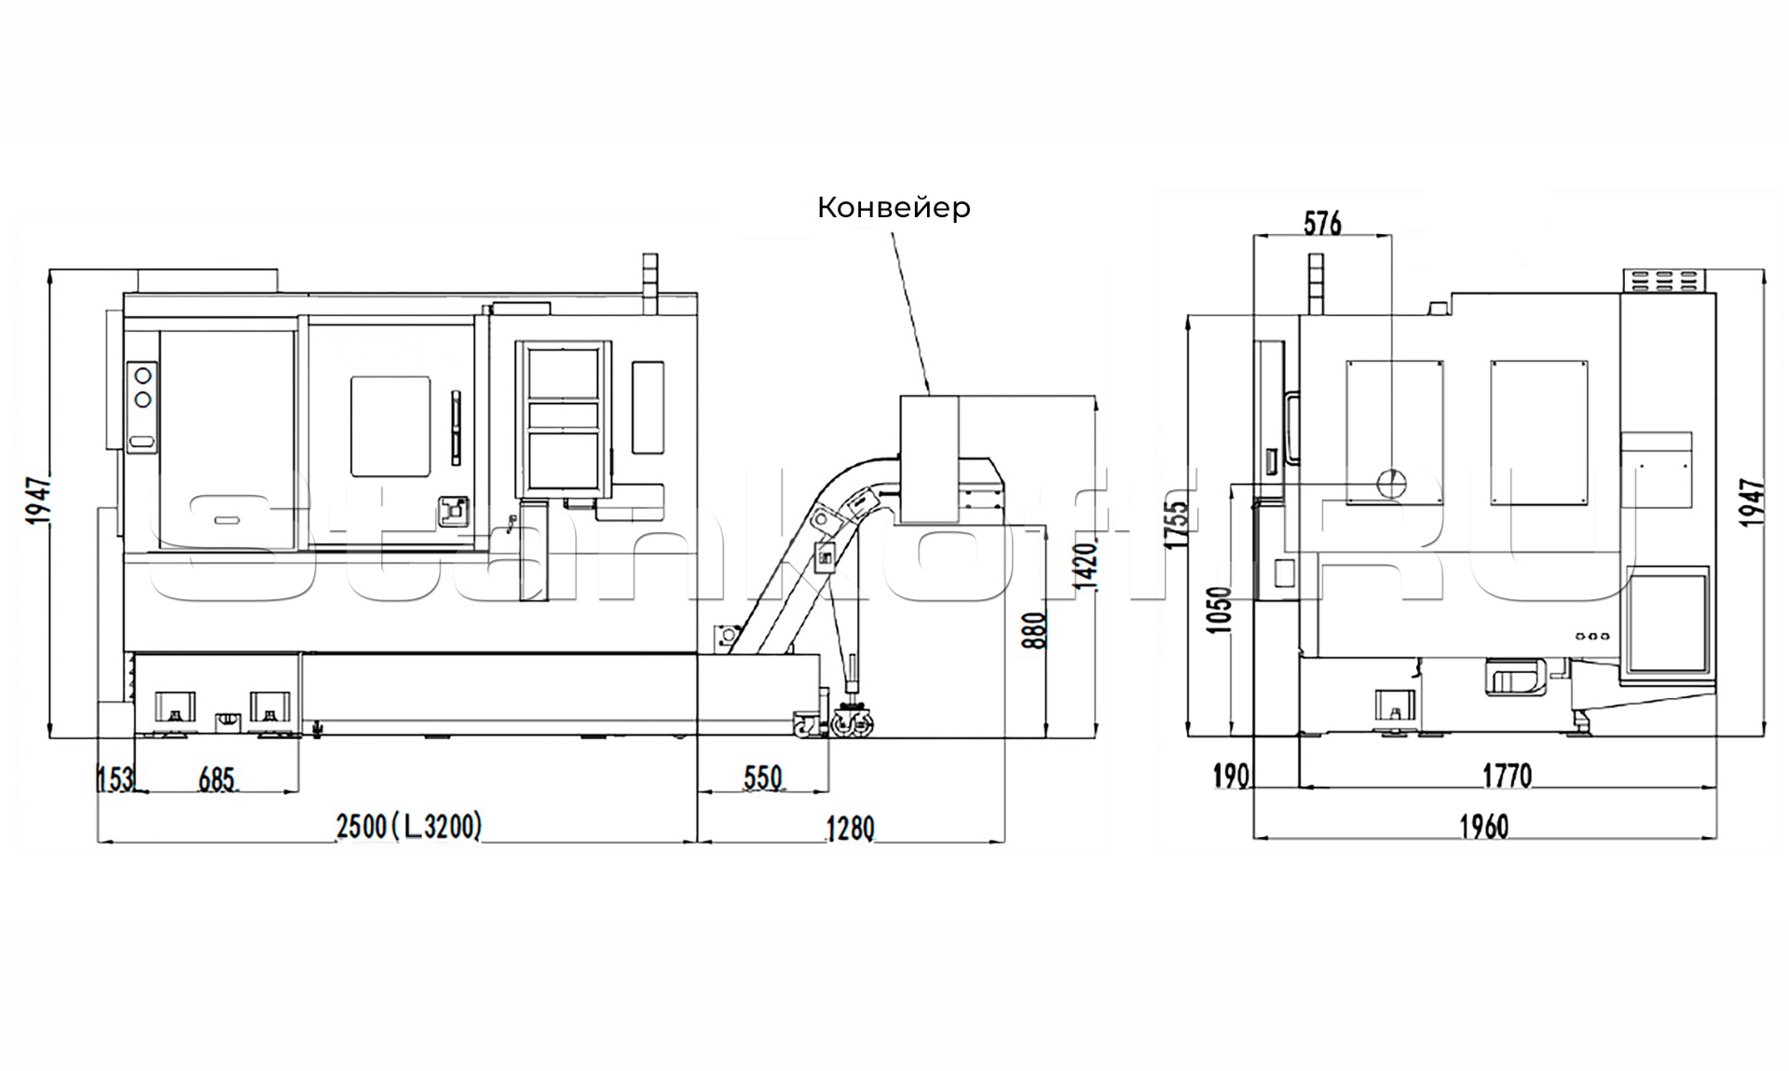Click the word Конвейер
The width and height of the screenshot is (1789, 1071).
coord(894,207)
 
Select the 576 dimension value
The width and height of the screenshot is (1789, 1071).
coord(1322,223)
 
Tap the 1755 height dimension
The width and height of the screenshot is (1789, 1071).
coord(1177,525)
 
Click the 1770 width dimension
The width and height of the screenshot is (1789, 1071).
coord(1507,775)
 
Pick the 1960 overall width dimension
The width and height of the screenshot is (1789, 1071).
coord(1483,826)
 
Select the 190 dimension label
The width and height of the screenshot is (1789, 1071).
coord(1231,775)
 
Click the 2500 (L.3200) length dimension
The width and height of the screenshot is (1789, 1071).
coord(409,826)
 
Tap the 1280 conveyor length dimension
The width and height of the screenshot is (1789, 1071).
coord(850,828)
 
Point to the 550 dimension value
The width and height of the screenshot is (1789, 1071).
coord(762,777)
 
